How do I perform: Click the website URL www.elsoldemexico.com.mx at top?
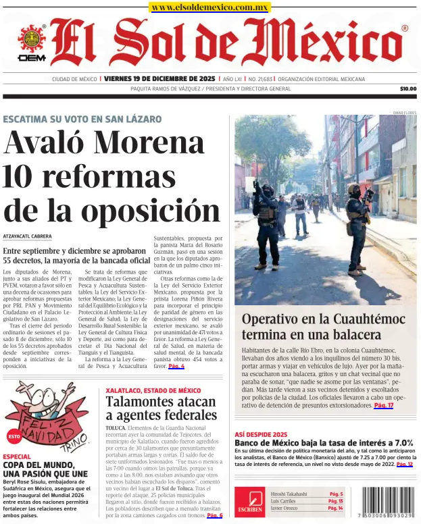pos(209,7)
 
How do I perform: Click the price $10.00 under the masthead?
pos(407,88)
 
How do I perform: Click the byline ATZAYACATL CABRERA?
pos(27,236)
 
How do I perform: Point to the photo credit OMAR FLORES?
pos(404,113)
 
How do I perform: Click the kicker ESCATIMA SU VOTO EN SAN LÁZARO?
pos(82,119)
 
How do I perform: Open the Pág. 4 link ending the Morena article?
pos(176,366)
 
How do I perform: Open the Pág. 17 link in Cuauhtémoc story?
pos(383,405)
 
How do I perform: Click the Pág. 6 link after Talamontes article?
pos(214,515)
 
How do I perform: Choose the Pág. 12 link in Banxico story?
pos(404,465)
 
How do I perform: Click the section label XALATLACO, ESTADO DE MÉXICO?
pos(153,390)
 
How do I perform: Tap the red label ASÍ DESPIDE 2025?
pos(261,434)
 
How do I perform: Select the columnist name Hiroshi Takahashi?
pos(288,494)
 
